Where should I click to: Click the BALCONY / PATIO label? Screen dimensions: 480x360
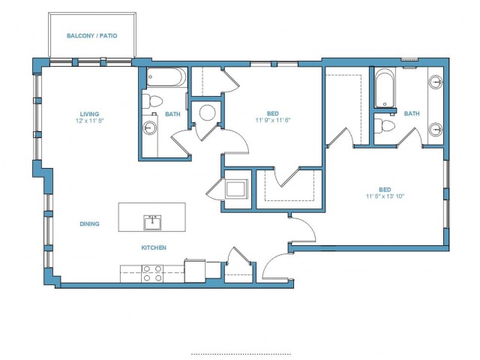coord(91,36)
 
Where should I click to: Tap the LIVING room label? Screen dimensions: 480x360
coord(90,114)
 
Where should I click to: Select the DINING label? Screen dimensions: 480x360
coord(89,223)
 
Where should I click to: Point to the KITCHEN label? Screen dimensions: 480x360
coord(154,247)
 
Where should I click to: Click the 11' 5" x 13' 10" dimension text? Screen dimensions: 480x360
coord(385,196)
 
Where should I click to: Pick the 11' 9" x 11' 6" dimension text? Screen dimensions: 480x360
coord(273,120)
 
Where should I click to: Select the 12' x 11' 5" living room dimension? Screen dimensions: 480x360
coord(90,121)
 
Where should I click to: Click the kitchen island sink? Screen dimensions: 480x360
coord(152,223)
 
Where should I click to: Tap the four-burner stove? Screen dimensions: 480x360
coord(152,273)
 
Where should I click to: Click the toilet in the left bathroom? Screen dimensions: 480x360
coord(152,100)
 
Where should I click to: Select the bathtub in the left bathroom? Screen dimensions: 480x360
coord(166,77)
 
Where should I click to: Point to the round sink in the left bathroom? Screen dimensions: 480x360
coord(150,127)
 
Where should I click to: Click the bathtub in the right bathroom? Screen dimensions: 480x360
coord(385,88)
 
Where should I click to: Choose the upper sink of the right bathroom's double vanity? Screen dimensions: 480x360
coord(436,82)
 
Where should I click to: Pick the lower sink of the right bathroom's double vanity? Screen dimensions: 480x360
coord(436,130)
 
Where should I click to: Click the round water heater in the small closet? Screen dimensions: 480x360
coord(207,113)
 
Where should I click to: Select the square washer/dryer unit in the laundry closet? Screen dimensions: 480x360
coord(235,189)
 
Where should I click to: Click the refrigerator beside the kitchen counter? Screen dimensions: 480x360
coord(195,271)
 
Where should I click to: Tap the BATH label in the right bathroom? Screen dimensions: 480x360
coord(412,113)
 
